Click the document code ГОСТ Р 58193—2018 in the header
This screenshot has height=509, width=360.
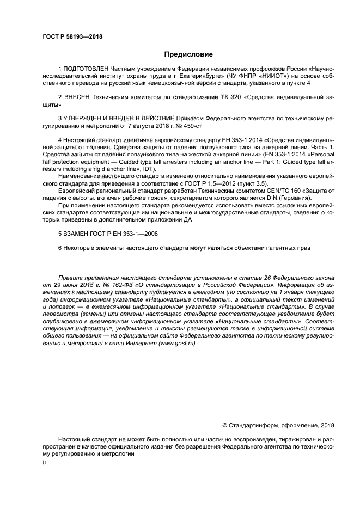pyautogui.click(x=72, y=37)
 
